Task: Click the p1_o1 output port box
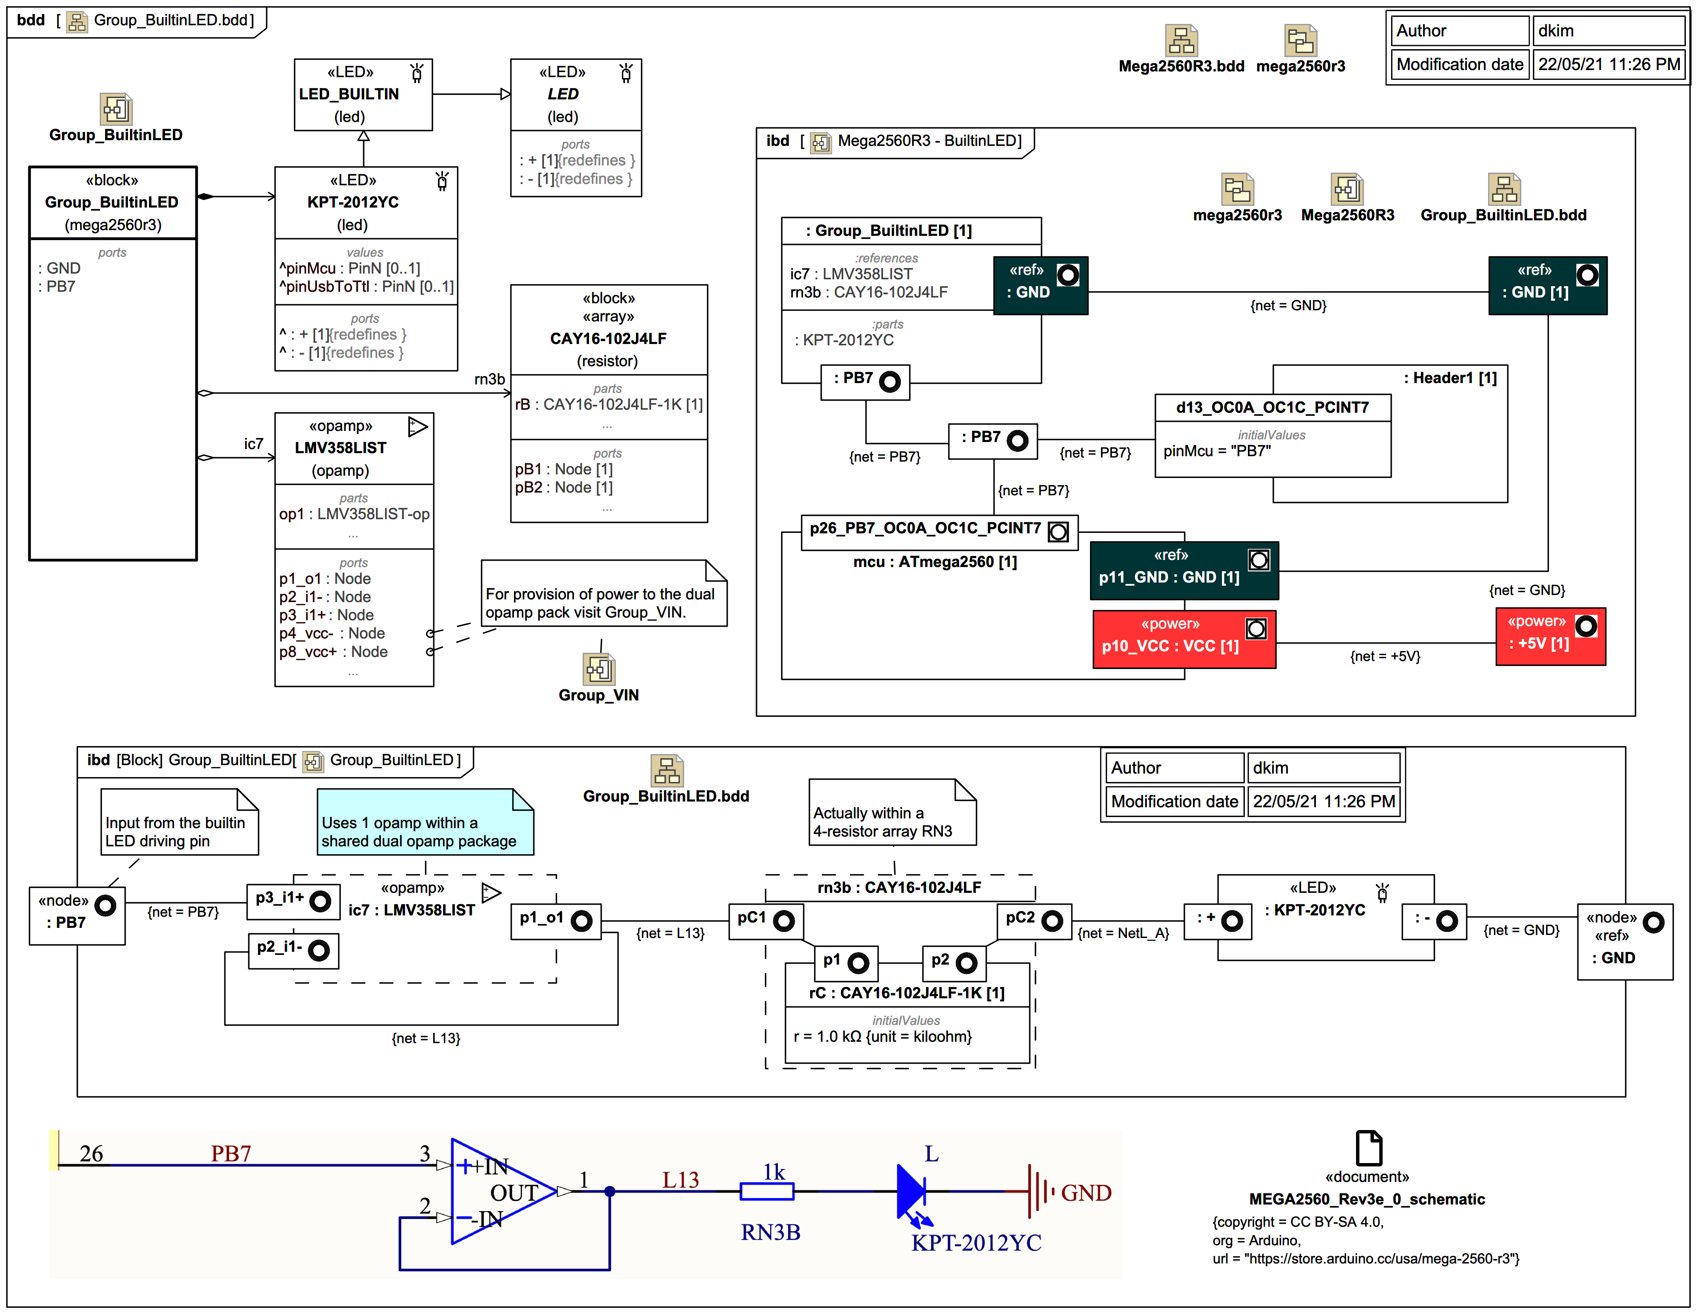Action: (x=555, y=921)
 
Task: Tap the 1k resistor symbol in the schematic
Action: (x=767, y=1191)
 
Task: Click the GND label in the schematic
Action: (x=1086, y=1193)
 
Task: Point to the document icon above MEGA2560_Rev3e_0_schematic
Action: (x=1368, y=1148)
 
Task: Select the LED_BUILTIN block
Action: (x=363, y=94)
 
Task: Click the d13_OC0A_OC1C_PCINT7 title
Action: (x=1272, y=407)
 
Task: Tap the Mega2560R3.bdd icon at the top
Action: (x=1181, y=40)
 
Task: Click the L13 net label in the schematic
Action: (x=680, y=1180)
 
